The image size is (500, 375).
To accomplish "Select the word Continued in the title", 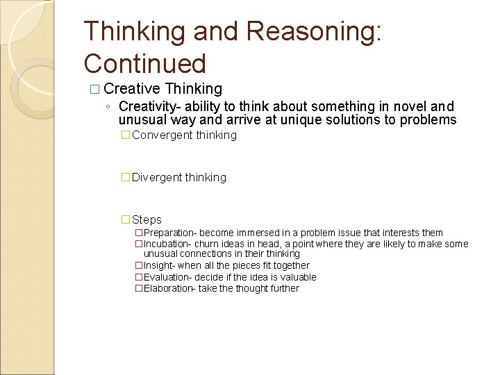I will pyautogui.click(x=145, y=64).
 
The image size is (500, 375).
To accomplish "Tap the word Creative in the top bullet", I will pyautogui.click(x=132, y=89).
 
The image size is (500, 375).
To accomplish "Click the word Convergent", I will pyautogui.click(x=158, y=135).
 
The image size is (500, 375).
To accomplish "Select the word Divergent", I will pyautogui.click(x=156, y=178).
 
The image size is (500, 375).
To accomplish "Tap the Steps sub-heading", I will pyautogui.click(x=147, y=220).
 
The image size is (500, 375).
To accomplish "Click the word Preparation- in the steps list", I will pyautogui.click(x=170, y=233).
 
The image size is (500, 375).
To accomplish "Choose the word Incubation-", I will pyautogui.click(x=167, y=244).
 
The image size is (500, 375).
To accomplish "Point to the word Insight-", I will pyautogui.click(x=159, y=266).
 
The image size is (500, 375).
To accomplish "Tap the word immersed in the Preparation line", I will pyautogui.click(x=258, y=233).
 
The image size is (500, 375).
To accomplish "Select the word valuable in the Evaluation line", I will pyautogui.click(x=297, y=277).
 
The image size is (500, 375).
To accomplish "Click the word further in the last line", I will pyautogui.click(x=283, y=288).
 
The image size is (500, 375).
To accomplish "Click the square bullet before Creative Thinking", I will pyautogui.click(x=94, y=90).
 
